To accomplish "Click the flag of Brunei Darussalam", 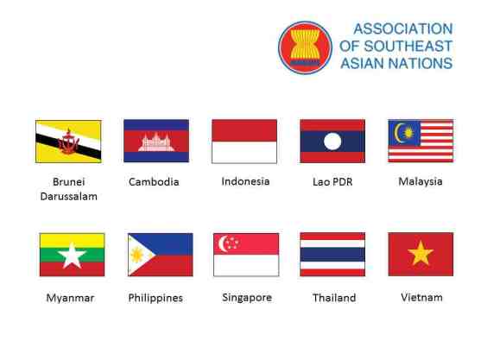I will click(68, 141).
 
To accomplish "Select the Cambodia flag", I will click(156, 141).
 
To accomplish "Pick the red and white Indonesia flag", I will click(244, 141).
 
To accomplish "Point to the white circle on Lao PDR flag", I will click(332, 141).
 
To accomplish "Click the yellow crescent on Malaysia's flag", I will click(402, 132).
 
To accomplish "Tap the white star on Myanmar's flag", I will click(72, 256).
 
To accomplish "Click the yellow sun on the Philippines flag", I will click(137, 256).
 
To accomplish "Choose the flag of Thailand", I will click(332, 254).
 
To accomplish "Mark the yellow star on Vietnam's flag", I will click(421, 254).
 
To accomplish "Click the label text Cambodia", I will click(154, 182).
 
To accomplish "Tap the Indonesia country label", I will click(245, 181).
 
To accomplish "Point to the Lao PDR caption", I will click(332, 182).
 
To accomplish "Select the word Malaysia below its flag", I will click(421, 181).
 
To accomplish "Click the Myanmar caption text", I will click(70, 298).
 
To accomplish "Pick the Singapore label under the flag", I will click(246, 298).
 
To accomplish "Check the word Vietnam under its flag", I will click(421, 297).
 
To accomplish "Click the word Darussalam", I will click(68, 196).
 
